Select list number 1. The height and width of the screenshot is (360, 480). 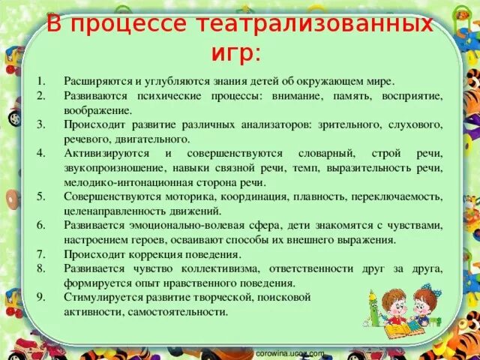[42, 81]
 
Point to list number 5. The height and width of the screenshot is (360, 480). [42, 196]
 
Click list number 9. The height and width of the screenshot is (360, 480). [42, 297]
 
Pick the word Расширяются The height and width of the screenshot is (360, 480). [98, 81]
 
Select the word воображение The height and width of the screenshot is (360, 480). [98, 109]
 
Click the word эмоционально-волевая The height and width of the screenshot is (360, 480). [184, 225]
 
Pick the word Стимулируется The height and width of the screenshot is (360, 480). [101, 297]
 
